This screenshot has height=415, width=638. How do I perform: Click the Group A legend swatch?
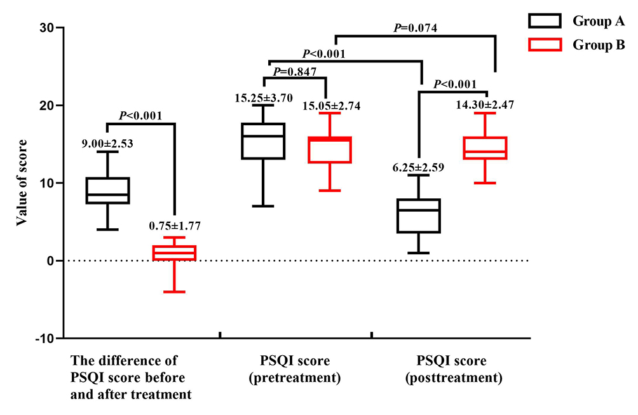coord(544,21)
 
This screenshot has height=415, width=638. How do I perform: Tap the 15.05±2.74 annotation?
coord(330,106)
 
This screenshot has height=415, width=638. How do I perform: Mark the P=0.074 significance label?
coord(415,27)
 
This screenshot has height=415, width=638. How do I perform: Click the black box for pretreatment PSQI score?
coord(264,141)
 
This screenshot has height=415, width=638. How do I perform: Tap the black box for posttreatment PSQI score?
coord(418,216)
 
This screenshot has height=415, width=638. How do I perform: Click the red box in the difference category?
coord(173,253)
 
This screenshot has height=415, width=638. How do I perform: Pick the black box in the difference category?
coord(108,191)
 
